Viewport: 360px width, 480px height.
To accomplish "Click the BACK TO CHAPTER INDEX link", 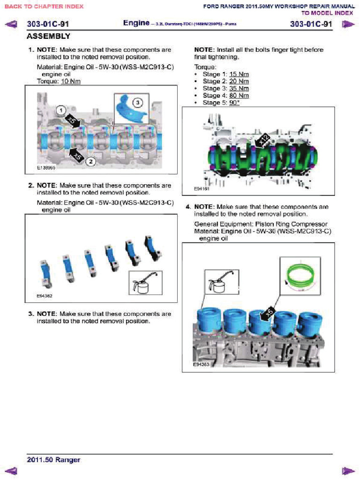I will [44, 7].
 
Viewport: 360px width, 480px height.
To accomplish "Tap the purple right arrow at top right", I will [347, 24].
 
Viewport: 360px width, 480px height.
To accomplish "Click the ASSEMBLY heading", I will [49, 36].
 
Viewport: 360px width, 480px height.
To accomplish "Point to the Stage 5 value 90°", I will [234, 103].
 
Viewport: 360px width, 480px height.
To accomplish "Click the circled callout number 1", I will [60, 110].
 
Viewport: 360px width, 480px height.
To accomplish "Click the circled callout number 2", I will [91, 161].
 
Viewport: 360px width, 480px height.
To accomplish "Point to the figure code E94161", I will [202, 188].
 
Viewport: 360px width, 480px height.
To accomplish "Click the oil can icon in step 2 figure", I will [142, 283].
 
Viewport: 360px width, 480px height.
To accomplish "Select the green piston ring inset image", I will [300, 276].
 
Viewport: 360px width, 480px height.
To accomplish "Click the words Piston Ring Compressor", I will [296, 224].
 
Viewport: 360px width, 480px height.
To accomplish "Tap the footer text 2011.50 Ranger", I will [53, 460].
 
